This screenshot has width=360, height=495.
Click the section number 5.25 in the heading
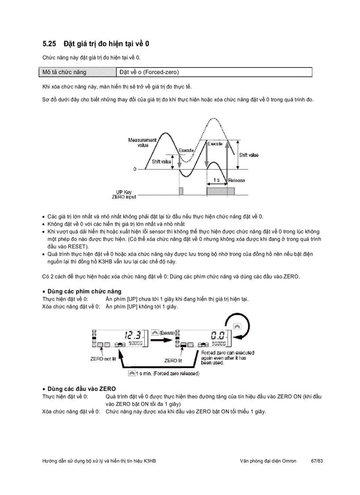pyautogui.click(x=50, y=44)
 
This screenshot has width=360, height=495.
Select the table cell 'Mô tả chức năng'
pyautogui.click(x=64, y=72)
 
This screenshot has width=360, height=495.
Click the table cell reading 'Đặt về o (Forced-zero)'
pyautogui.click(x=149, y=72)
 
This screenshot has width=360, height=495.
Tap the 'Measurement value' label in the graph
pyautogui.click(x=142, y=142)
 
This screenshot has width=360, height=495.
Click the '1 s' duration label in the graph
pyautogui.click(x=216, y=180)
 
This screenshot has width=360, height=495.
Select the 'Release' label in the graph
pyautogui.click(x=236, y=180)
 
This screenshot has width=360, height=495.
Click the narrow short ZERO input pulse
pyautogui.click(x=181, y=191)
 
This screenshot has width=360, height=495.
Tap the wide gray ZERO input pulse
pyautogui.click(x=220, y=191)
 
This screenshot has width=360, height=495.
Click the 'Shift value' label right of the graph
pyautogui.click(x=249, y=155)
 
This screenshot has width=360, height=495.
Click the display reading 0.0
pyautogui.click(x=218, y=335)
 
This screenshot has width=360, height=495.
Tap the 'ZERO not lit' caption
pyautogui.click(x=103, y=359)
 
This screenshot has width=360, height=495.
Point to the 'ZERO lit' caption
pyautogui.click(x=173, y=360)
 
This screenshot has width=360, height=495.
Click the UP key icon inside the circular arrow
pyautogui.click(x=236, y=326)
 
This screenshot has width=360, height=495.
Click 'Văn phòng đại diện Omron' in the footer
pyautogui.click(x=268, y=461)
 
